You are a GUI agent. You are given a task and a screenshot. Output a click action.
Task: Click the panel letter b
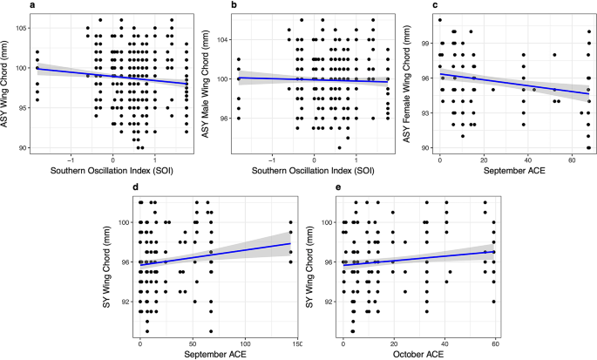(x=209, y=6)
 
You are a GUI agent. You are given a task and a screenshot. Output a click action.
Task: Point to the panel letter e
(x=310, y=187)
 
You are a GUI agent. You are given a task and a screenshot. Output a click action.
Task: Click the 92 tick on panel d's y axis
(x=126, y=302)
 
